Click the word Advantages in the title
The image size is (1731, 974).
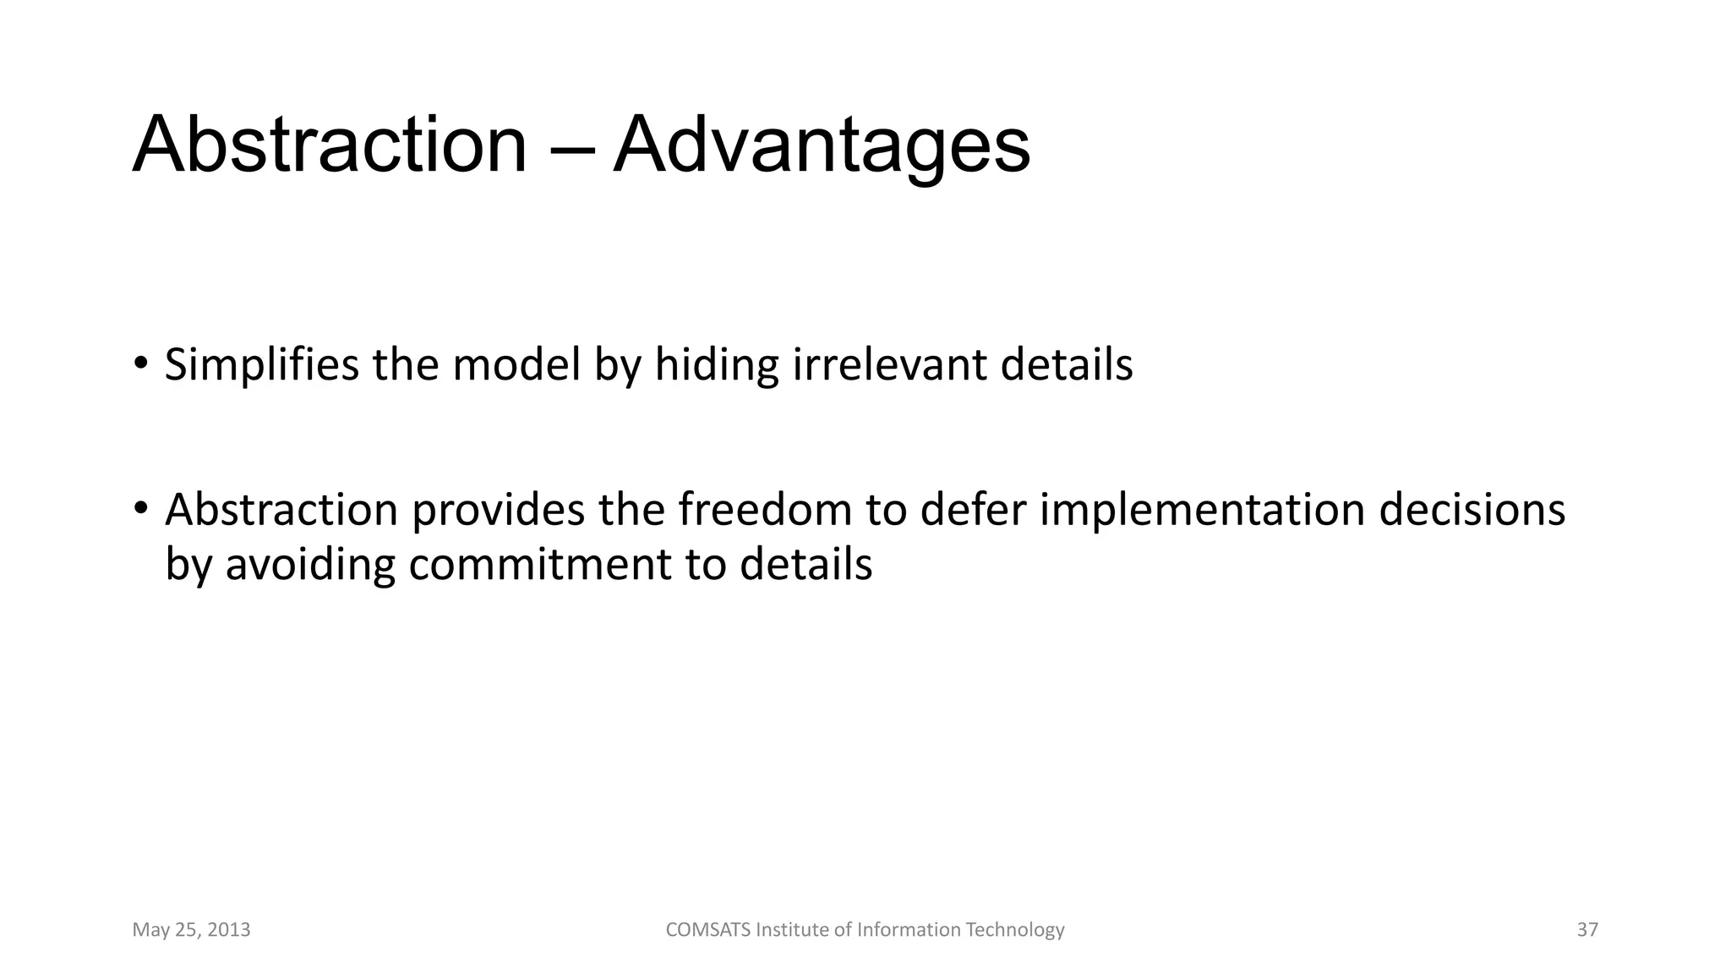point(821,145)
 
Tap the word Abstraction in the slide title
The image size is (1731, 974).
point(330,145)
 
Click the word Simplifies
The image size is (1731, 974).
point(261,365)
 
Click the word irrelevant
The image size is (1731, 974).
point(890,365)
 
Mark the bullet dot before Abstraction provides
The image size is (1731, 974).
point(140,508)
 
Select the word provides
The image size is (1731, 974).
point(498,511)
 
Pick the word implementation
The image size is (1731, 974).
point(1202,511)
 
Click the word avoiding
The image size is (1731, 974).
point(310,565)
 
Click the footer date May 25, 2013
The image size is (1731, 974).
point(191,930)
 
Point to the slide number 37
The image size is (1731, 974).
point(1587,930)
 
